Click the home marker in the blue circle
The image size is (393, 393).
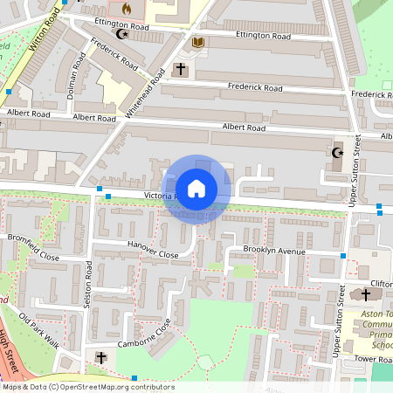click(x=196, y=189)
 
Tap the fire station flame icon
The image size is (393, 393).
click(x=126, y=9)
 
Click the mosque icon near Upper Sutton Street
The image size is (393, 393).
click(x=337, y=154)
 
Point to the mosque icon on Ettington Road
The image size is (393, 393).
click(x=122, y=36)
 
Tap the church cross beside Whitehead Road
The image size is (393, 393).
click(x=181, y=69)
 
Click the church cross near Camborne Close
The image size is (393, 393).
click(x=100, y=358)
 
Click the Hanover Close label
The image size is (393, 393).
click(x=152, y=251)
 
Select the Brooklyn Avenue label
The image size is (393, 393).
click(x=273, y=251)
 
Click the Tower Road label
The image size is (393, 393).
click(x=372, y=359)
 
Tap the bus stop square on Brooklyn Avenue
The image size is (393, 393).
click(x=343, y=256)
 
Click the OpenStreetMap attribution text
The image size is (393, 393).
click(x=87, y=387)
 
